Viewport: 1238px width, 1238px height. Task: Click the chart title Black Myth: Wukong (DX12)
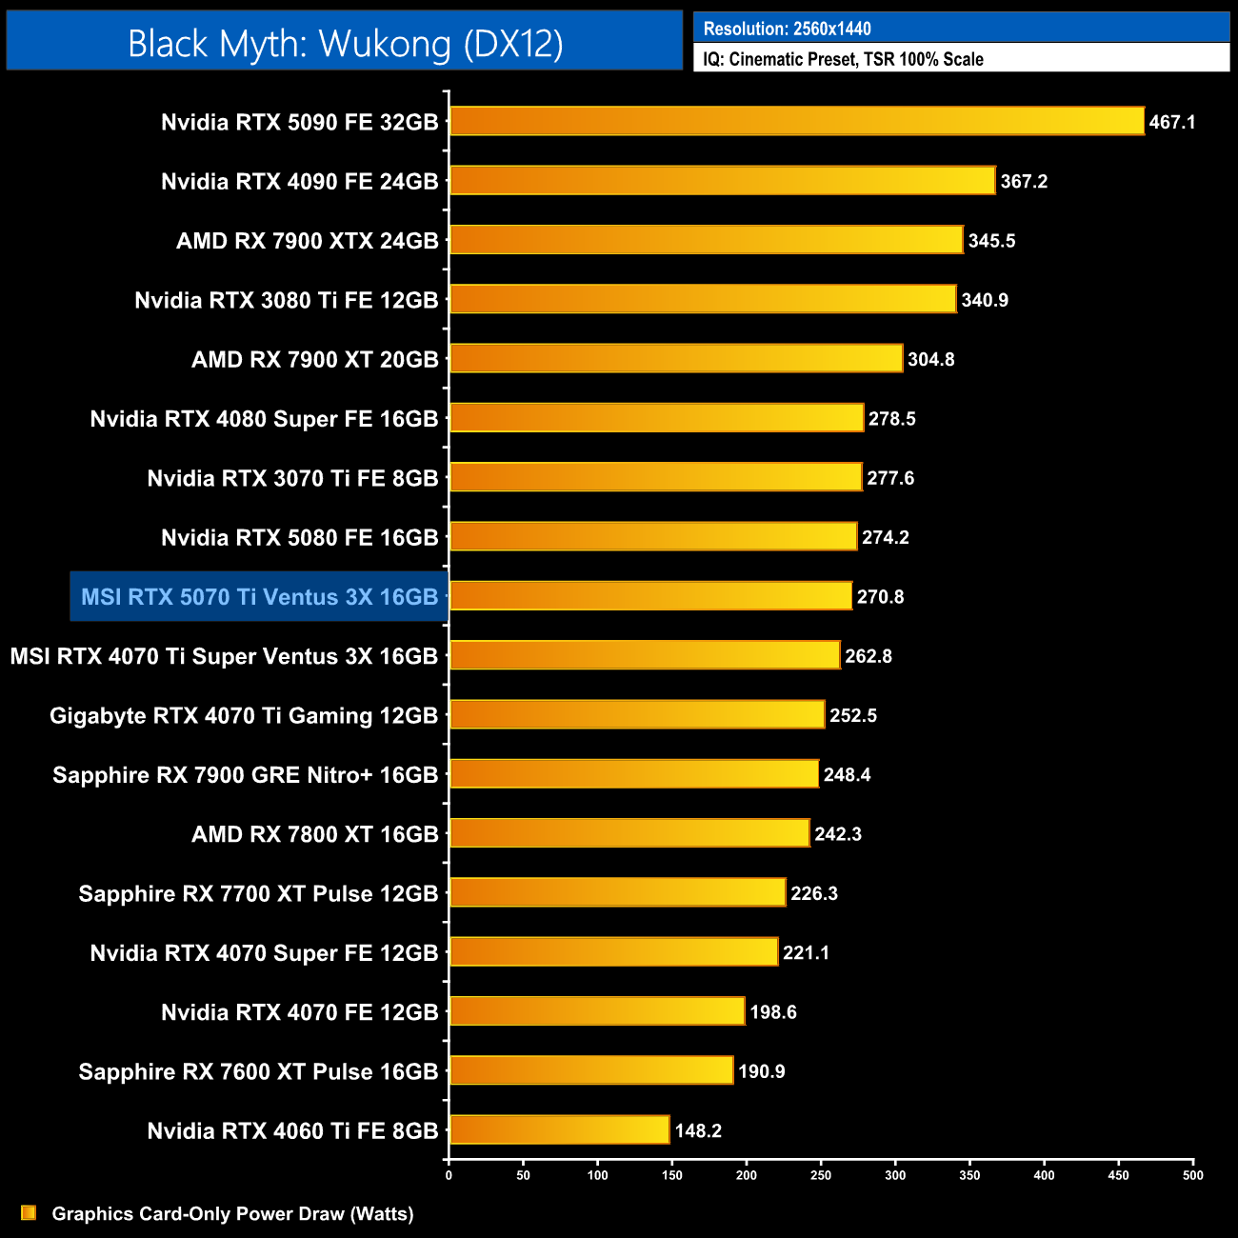(x=345, y=44)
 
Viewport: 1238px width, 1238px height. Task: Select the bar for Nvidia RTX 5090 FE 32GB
(x=796, y=121)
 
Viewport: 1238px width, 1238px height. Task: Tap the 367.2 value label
(x=1024, y=181)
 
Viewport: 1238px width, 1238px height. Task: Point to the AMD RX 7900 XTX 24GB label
(x=307, y=241)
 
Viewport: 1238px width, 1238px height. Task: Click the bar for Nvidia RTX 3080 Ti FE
(x=703, y=299)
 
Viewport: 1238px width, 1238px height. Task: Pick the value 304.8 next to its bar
(x=930, y=359)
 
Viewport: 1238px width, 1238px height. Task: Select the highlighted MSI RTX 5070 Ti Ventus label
(x=259, y=597)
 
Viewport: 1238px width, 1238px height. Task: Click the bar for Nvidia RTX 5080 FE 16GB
(x=653, y=536)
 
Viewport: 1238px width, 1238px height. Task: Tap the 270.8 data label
(x=880, y=597)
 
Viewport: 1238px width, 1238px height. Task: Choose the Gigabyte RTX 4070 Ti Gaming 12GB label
(x=244, y=715)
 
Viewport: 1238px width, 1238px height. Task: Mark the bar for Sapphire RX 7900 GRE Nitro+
(x=634, y=773)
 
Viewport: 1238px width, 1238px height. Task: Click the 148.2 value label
(x=698, y=1130)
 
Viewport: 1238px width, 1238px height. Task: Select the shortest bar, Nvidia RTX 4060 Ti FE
(x=560, y=1129)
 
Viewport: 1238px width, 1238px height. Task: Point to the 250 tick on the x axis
(x=820, y=1175)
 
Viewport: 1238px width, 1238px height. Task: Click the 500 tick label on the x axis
(x=1192, y=1175)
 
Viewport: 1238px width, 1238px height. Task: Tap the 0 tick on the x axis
(x=449, y=1175)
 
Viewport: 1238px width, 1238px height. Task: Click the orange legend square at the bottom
(x=29, y=1212)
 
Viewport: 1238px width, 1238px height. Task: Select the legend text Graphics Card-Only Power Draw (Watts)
(x=232, y=1213)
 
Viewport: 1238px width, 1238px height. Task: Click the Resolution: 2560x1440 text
(x=787, y=29)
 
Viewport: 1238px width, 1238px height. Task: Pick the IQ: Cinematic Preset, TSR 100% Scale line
(x=843, y=59)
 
